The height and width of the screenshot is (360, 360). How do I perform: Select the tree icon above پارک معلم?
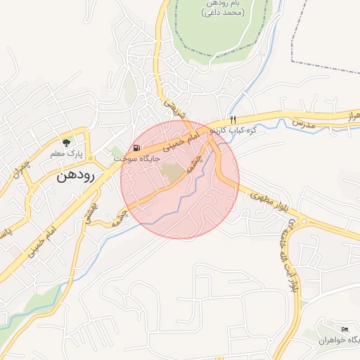66,142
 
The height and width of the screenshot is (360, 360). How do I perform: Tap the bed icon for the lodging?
344,329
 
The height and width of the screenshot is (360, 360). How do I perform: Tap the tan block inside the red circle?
172,170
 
